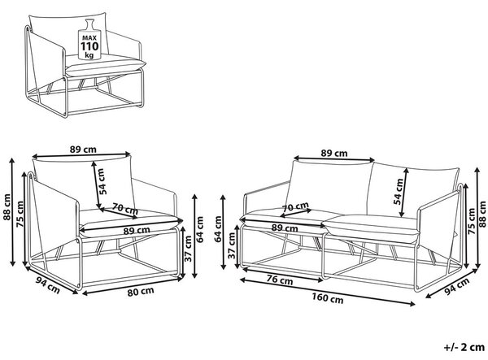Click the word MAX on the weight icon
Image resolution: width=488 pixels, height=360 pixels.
pyautogui.click(x=89, y=38)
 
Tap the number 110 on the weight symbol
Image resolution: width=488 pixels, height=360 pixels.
pyautogui.click(x=89, y=46)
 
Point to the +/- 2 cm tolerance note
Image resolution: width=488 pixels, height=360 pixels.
pyautogui.click(x=464, y=347)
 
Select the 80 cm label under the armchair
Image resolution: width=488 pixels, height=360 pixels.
pyautogui.click(x=141, y=291)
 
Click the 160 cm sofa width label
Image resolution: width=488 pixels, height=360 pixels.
pyautogui.click(x=328, y=298)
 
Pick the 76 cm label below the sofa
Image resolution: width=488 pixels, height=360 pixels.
pyautogui.click(x=280, y=280)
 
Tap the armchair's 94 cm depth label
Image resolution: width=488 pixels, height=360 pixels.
pyautogui.click(x=47, y=284)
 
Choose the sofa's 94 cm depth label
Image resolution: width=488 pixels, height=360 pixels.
pyautogui.click(x=456, y=286)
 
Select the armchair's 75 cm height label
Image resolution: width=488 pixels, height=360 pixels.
pyautogui.click(x=20, y=214)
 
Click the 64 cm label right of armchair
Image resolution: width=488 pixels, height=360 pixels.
pyautogui.click(x=199, y=229)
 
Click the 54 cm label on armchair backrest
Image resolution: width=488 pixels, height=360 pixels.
pyautogui.click(x=102, y=181)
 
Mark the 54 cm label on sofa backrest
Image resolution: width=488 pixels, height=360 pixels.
pyautogui.click(x=398, y=192)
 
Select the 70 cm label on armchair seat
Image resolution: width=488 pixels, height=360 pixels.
pyautogui.click(x=124, y=208)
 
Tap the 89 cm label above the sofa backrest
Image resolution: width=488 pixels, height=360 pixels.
pyautogui.click(x=334, y=154)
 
